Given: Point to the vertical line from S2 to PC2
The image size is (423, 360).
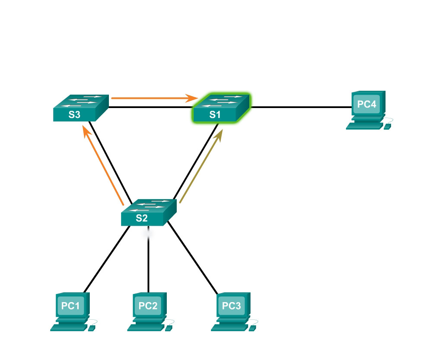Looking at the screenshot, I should [x=149, y=264].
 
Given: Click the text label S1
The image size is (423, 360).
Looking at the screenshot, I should [x=215, y=115].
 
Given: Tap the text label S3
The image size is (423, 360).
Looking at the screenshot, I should [x=75, y=115].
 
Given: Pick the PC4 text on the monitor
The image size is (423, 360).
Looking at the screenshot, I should [x=367, y=104].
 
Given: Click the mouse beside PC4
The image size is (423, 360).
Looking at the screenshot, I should [x=387, y=126].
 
